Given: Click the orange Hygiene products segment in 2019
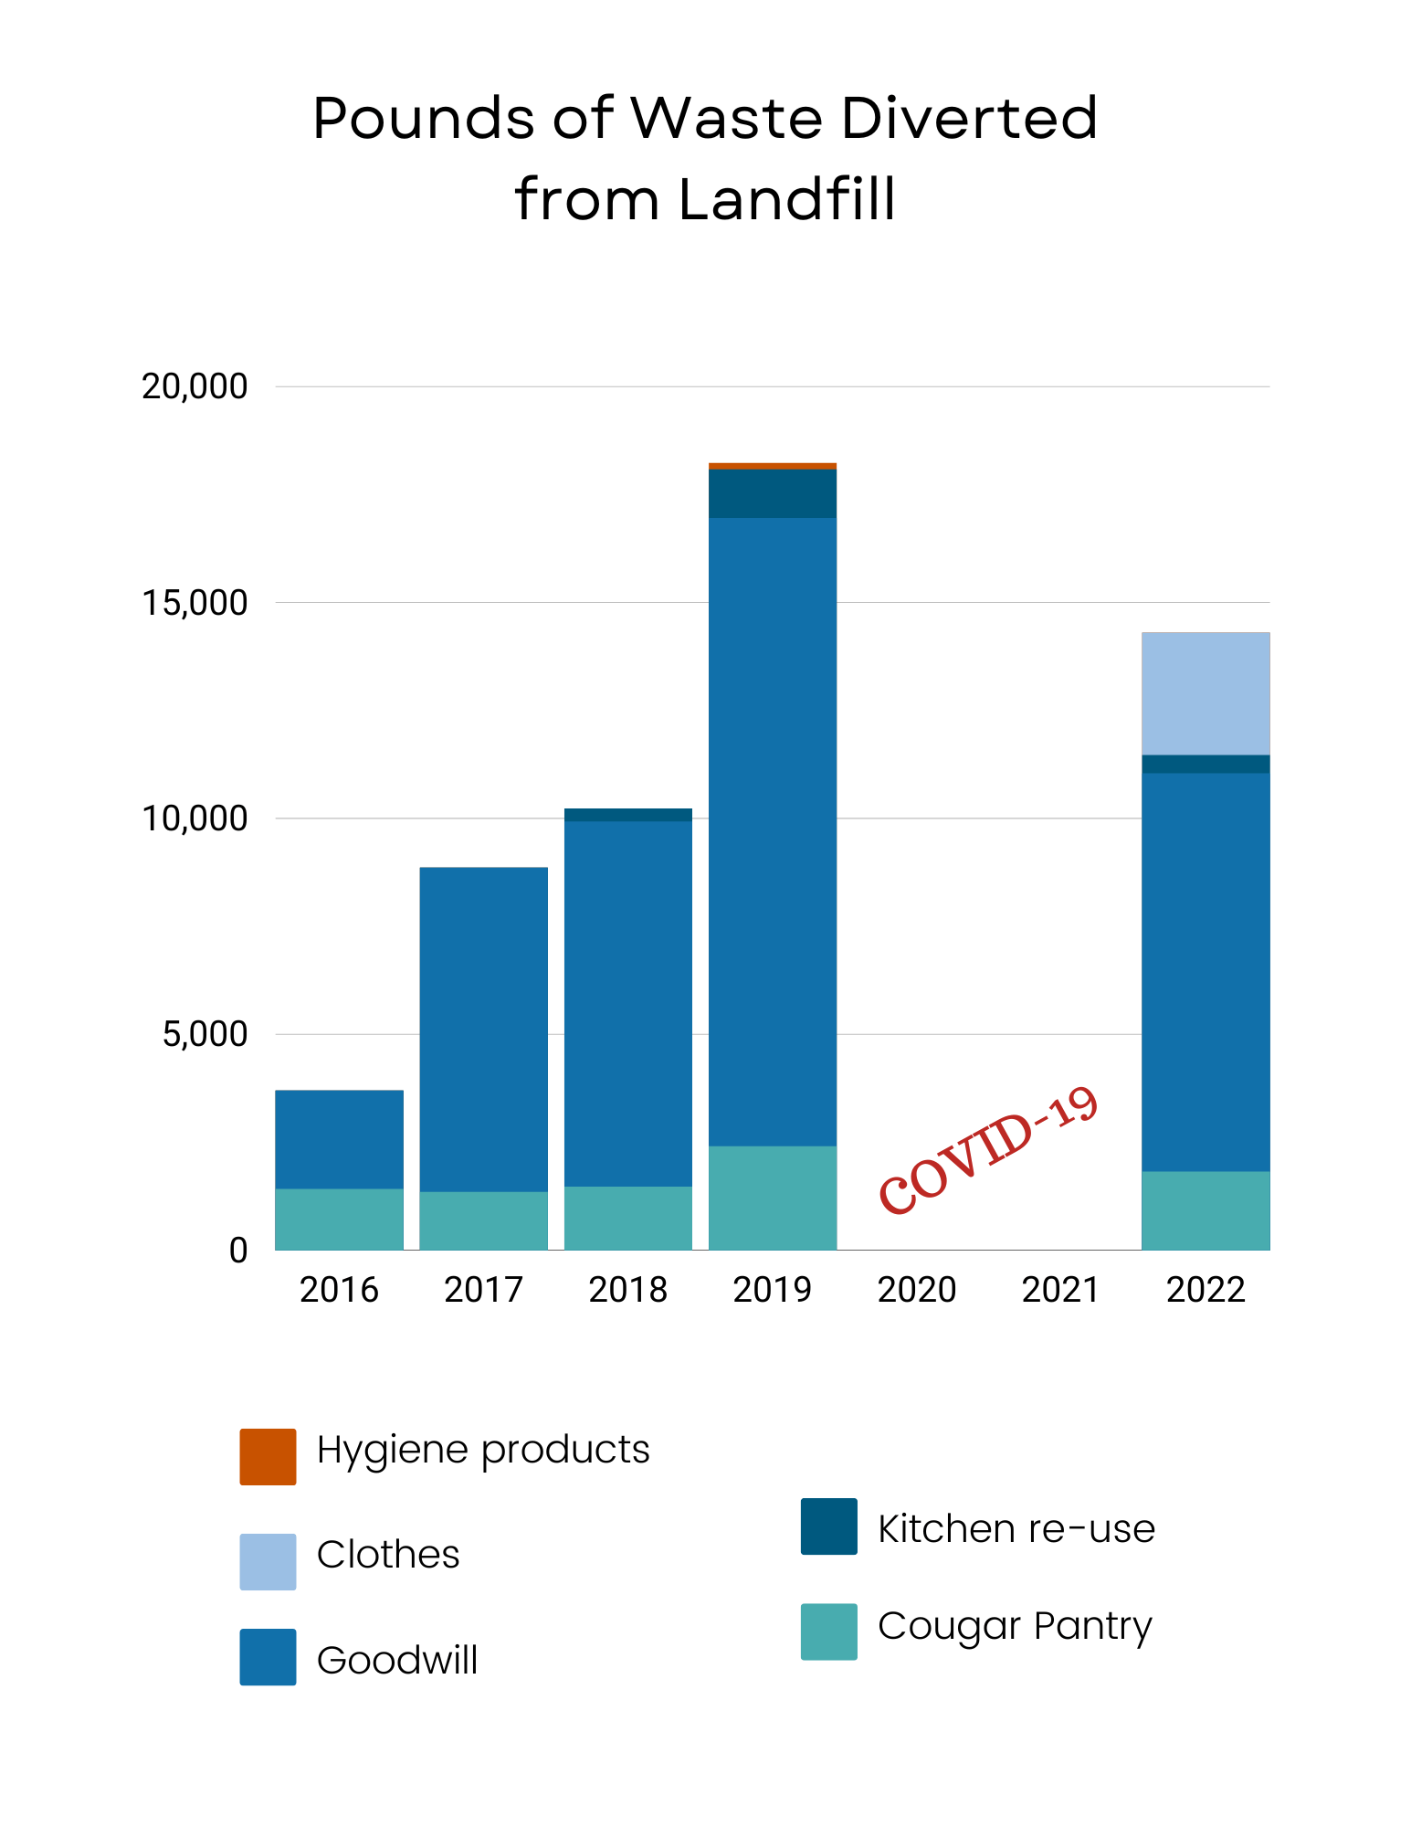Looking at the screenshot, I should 772,466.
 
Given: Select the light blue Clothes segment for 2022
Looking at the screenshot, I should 1205,693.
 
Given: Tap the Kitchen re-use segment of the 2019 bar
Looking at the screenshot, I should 772,493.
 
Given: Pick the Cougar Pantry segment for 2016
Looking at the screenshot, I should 339,1219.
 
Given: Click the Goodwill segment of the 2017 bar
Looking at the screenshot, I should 483,1029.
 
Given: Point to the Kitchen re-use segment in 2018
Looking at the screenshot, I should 627,815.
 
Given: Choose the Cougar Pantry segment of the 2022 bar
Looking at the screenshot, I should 1205,1209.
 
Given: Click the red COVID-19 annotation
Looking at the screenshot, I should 988,1151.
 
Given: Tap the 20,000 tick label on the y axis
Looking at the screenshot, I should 195,386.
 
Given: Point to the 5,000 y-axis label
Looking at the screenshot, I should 205,1034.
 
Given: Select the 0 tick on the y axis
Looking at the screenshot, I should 238,1250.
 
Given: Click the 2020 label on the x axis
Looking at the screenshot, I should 916,1290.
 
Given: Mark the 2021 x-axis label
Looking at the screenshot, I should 1060,1290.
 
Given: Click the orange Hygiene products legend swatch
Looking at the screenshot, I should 268,1456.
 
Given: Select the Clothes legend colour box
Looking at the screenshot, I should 268,1561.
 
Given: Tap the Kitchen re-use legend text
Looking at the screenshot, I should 1016,1528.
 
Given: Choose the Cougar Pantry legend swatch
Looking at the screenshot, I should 828,1631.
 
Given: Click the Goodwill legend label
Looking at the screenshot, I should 396,1660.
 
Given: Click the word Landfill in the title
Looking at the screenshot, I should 786,199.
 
